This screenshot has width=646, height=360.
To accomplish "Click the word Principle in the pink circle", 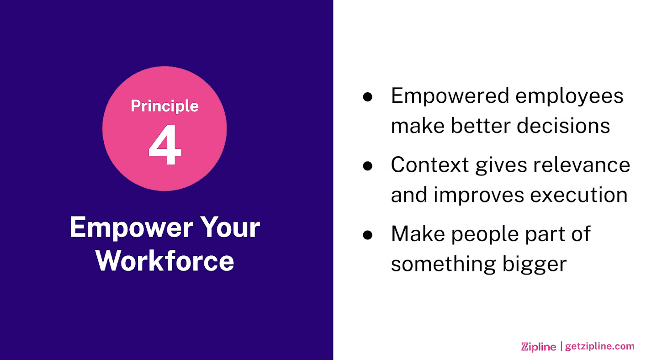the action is [164, 106].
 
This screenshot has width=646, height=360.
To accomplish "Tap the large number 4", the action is [165, 145].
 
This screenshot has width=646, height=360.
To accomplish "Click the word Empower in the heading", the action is [132, 228].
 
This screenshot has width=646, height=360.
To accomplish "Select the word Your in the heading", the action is [230, 227].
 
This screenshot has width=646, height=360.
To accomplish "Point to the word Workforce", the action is [164, 261].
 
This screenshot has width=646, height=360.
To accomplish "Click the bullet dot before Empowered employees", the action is [368, 97].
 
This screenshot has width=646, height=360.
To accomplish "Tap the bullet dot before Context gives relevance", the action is [368, 166].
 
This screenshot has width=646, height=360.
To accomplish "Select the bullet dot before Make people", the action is [368, 235].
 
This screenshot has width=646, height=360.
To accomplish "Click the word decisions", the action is [563, 126].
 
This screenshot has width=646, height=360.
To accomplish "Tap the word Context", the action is [430, 165].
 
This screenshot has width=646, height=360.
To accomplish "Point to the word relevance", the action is [582, 165].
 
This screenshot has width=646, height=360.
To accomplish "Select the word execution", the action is [579, 195].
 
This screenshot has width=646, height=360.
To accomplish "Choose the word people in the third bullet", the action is [485, 235].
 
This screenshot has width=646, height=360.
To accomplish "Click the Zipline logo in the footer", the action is [539, 346].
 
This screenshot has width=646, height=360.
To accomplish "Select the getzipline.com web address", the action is [599, 346].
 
